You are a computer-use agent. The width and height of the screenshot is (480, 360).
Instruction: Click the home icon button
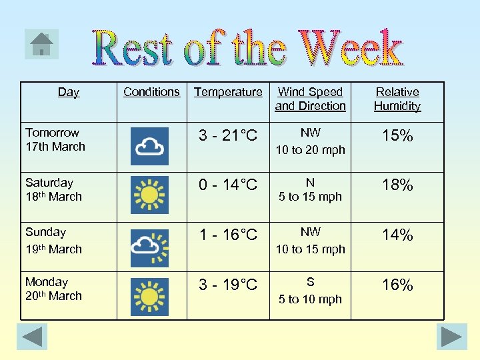click(x=41, y=44)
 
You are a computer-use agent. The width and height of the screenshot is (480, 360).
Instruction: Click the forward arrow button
click(x=451, y=337)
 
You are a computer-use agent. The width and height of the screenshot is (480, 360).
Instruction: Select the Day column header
click(x=68, y=92)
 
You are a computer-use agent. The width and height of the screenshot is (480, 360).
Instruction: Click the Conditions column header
click(x=151, y=92)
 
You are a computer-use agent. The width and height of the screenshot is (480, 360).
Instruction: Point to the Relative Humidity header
click(x=397, y=99)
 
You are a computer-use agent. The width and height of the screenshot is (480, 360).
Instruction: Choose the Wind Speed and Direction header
click(x=310, y=99)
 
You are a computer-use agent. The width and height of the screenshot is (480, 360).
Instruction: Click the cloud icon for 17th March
click(x=150, y=146)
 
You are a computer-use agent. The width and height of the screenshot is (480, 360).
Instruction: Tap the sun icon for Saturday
click(x=150, y=195)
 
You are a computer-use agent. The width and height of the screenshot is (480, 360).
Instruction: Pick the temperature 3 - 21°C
click(x=228, y=136)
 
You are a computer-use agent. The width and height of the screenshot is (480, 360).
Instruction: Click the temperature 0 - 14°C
click(x=228, y=185)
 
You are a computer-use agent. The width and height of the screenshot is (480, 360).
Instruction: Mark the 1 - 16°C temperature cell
click(x=228, y=235)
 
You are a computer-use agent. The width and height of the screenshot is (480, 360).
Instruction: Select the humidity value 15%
click(x=397, y=136)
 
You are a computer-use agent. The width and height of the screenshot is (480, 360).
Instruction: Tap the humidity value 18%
click(x=397, y=185)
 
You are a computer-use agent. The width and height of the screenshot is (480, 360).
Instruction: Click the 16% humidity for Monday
click(x=397, y=285)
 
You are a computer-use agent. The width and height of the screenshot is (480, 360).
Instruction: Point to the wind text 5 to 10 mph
click(x=310, y=299)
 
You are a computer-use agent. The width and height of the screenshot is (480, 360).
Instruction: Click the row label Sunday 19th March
click(x=54, y=241)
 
